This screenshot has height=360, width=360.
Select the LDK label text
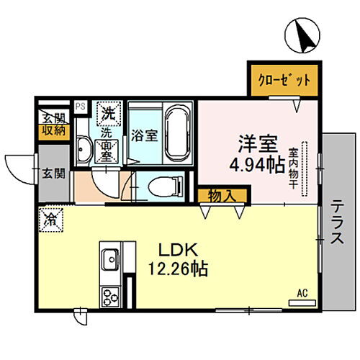pyautogui.click(x=176, y=251)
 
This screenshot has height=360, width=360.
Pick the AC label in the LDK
pyautogui.click(x=302, y=293)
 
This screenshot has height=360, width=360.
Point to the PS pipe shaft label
pyautogui.click(x=81, y=106)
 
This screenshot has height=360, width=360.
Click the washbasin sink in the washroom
pyautogui.click(x=84, y=150)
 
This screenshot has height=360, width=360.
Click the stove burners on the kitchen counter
pyautogui.click(x=111, y=296)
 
